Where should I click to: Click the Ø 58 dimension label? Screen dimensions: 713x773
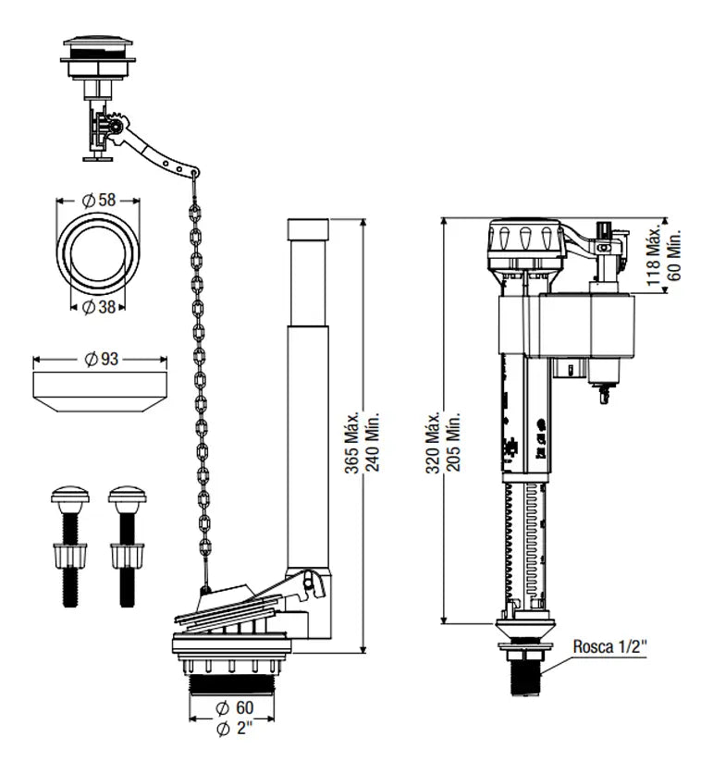click(99, 200)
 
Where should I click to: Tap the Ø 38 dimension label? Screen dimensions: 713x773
click(99, 307)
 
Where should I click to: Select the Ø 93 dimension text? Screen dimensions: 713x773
click(102, 359)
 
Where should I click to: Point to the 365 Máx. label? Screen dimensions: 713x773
click(351, 443)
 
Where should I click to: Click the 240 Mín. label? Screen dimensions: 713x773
click(373, 441)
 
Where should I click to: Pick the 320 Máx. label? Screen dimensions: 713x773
click(433, 443)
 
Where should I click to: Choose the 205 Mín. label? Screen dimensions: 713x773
click(454, 441)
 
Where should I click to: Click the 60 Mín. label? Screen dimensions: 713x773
click(674, 255)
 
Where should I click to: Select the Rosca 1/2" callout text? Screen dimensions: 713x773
click(609, 646)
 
